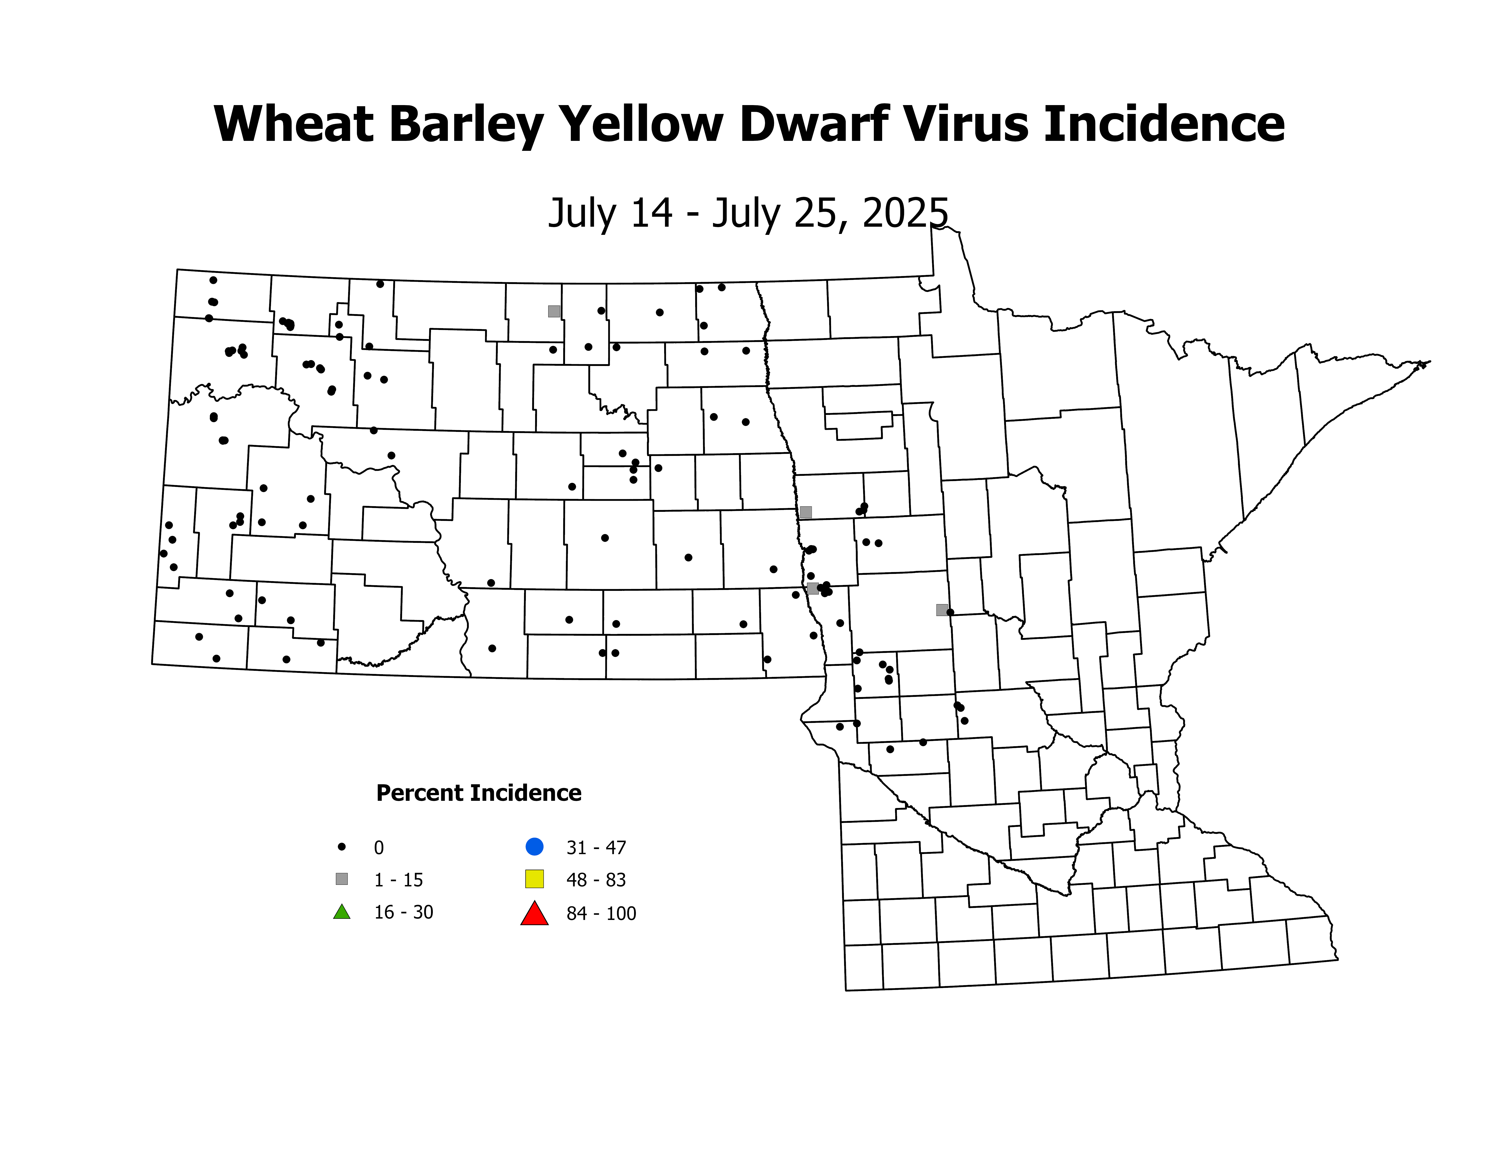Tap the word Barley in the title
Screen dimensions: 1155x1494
(467, 125)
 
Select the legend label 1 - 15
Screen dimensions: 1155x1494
(398, 880)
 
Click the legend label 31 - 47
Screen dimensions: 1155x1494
(596, 848)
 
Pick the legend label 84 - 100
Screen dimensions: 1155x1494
(601, 913)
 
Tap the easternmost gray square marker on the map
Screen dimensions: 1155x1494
(942, 610)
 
